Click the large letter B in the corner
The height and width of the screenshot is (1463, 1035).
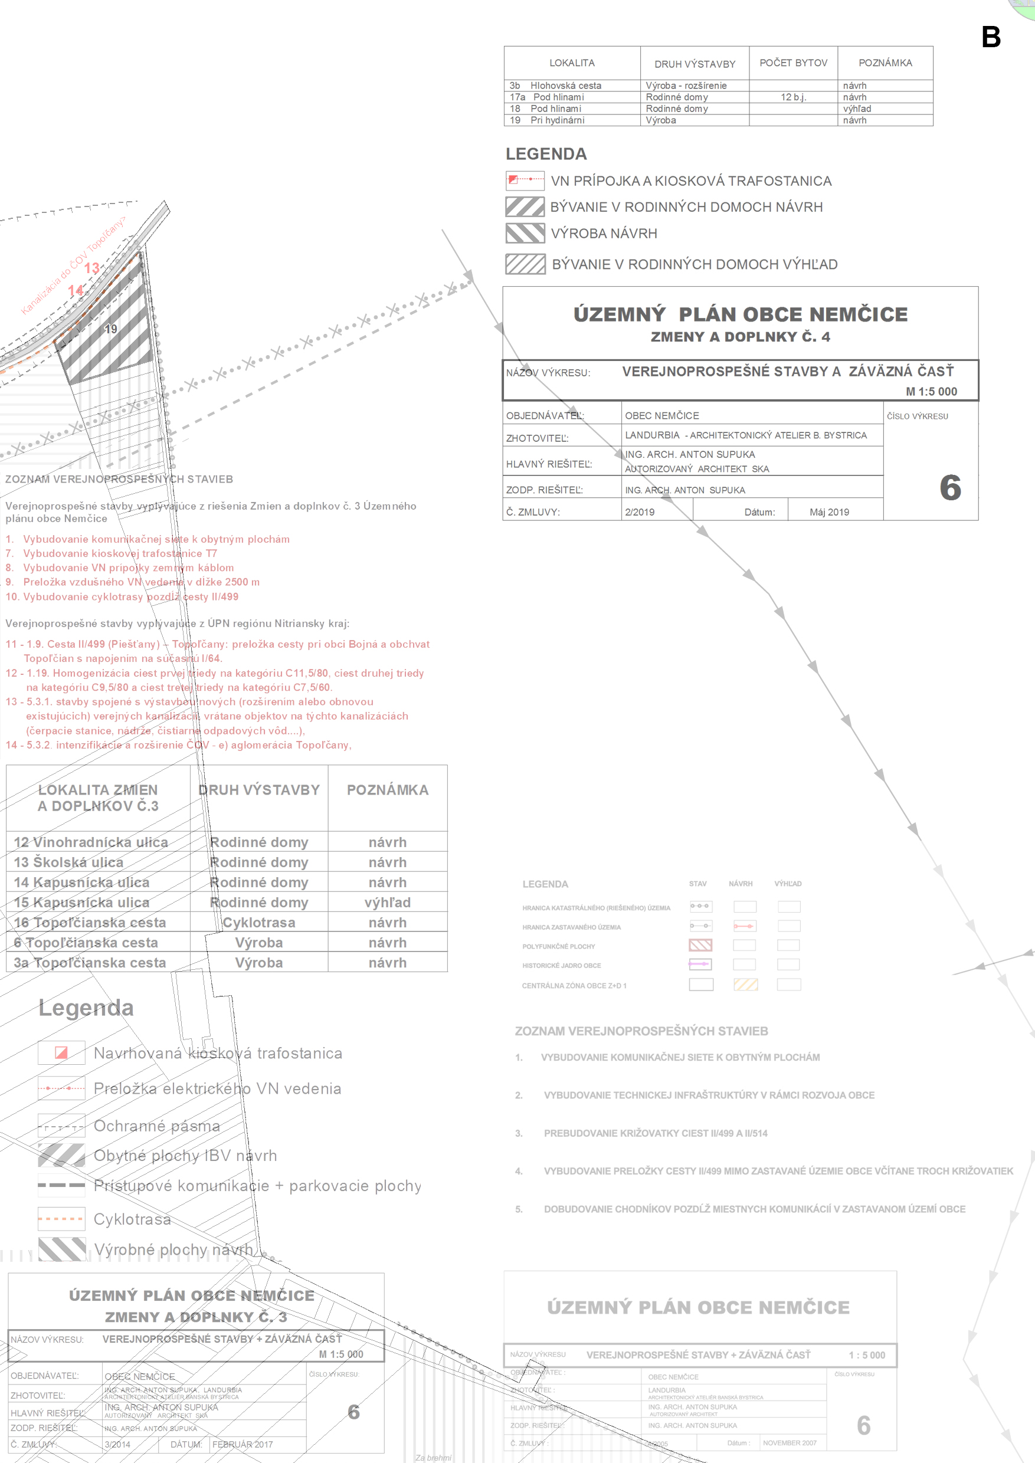(990, 37)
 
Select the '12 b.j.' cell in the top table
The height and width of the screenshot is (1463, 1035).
(793, 97)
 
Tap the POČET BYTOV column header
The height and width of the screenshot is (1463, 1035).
(793, 63)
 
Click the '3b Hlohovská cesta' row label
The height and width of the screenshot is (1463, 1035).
(555, 86)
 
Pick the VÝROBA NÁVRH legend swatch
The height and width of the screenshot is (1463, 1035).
(525, 233)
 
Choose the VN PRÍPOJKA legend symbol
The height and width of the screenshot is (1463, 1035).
(525, 181)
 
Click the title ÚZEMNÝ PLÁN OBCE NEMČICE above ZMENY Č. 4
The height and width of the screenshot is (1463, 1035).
(740, 315)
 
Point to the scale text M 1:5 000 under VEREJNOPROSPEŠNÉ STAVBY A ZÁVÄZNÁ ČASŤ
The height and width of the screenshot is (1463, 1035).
(931, 392)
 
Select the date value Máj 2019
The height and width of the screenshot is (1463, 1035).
(828, 512)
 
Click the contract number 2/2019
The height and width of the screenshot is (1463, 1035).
(639, 512)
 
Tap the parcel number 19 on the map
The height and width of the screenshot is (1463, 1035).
(111, 329)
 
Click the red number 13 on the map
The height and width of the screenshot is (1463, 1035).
(92, 268)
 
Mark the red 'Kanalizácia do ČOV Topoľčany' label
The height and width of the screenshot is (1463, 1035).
(73, 265)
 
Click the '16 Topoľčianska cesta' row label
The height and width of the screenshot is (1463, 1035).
(90, 923)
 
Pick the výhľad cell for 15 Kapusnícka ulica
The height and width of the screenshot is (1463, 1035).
(388, 902)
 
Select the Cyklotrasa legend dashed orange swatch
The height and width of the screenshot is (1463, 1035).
(61, 1219)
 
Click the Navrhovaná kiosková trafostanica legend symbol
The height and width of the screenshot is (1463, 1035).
(61, 1052)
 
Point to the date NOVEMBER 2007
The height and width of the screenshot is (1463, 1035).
(789, 1442)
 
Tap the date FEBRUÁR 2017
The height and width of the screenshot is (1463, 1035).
(242, 1445)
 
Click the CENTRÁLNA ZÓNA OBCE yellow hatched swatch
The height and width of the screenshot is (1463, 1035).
(745, 985)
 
